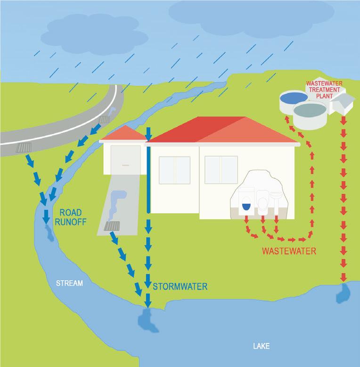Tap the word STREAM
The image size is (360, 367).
coord(69,284)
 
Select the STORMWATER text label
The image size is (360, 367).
coord(180,286)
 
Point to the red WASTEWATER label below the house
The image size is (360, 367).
coord(289,251)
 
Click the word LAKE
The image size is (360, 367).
coord(261,347)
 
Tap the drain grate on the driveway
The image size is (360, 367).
coord(112,226)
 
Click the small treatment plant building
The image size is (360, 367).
coord(343,102)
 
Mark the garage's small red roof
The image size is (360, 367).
coord(123,134)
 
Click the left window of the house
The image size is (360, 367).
coord(174,170)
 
